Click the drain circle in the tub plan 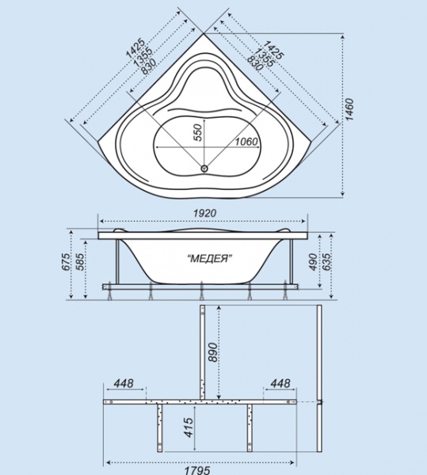[x=204, y=168]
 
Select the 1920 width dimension [x=205, y=213]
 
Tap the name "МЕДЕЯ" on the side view [x=210, y=258]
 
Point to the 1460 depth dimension [x=349, y=109]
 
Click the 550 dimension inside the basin [x=197, y=132]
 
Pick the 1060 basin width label [x=246, y=141]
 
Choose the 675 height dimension [x=64, y=262]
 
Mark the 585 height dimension [x=79, y=262]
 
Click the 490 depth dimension [x=313, y=262]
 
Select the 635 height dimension [x=327, y=262]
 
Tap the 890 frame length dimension [x=213, y=352]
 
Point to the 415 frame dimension [x=189, y=427]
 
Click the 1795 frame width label [x=196, y=470]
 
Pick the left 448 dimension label [x=124, y=383]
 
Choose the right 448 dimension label [x=280, y=383]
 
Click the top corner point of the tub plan [x=204, y=33]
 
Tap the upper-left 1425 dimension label [x=135, y=47]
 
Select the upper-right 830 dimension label [x=254, y=63]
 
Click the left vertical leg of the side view [x=117, y=262]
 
